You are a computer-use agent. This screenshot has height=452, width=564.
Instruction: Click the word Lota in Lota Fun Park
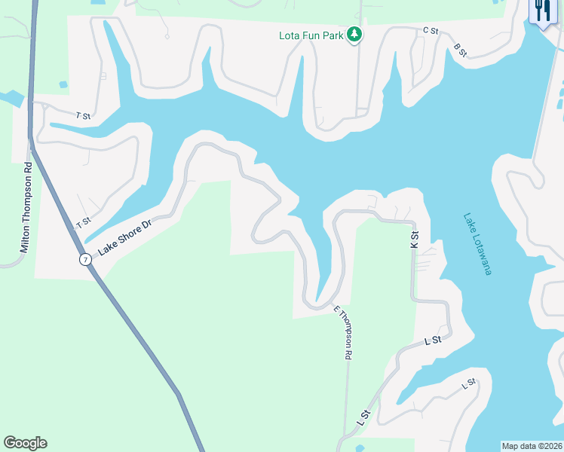(289, 35)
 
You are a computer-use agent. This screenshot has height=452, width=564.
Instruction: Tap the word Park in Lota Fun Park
(333, 35)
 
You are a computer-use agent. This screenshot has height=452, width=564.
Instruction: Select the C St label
(431, 30)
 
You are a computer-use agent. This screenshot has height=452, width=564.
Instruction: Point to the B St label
(461, 50)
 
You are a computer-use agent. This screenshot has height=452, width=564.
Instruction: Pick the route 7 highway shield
(86, 259)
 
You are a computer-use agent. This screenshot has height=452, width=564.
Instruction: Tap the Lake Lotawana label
(477, 243)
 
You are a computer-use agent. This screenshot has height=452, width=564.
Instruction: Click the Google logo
(25, 443)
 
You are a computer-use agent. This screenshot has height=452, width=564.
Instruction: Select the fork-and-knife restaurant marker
(541, 11)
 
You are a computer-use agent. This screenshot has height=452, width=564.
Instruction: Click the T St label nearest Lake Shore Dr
(83, 222)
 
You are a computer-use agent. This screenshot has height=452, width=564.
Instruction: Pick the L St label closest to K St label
(432, 341)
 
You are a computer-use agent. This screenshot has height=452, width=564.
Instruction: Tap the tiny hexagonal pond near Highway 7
(63, 84)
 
